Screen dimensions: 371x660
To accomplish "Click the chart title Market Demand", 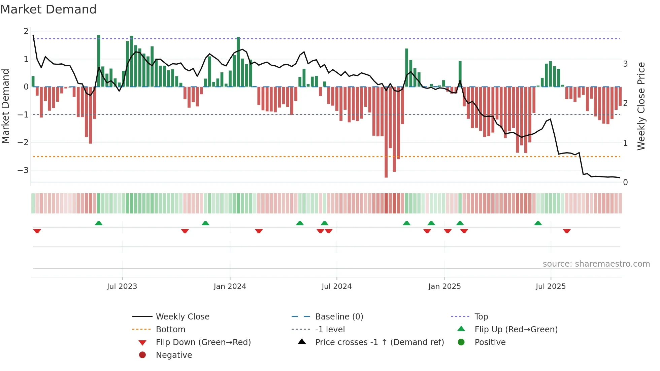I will [x=48, y=9].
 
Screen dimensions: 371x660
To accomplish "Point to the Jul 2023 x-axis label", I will [x=122, y=286].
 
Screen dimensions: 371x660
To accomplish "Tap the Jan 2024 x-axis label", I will [x=230, y=286].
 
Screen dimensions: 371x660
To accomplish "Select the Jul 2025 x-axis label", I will [x=551, y=286].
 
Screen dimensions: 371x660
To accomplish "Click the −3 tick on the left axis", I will [x=23, y=170].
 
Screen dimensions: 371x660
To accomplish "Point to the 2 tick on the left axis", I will [x=26, y=31].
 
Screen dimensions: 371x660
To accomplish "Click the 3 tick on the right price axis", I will [x=625, y=64].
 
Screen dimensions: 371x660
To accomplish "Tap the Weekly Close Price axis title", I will [x=641, y=106].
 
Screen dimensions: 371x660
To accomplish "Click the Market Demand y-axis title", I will [x=5, y=106].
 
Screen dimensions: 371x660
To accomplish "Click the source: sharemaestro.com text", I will [x=596, y=264].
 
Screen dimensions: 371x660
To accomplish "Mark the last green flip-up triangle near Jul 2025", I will [x=538, y=223].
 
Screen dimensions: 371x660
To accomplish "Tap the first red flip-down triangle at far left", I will [x=37, y=231].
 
